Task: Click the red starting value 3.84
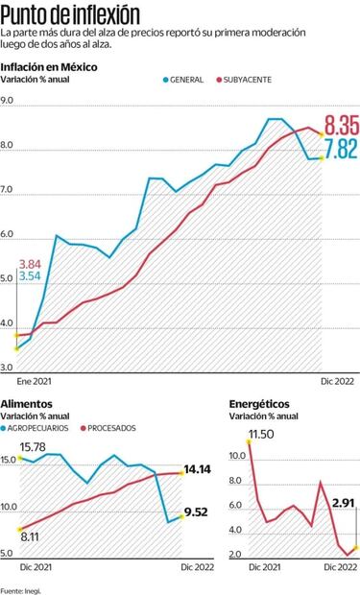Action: click(x=30, y=264)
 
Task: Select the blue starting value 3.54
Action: click(x=30, y=276)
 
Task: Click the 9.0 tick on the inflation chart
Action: click(x=8, y=101)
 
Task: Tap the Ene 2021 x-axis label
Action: click(x=36, y=380)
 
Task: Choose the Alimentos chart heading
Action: click(x=27, y=404)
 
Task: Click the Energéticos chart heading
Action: click(x=258, y=404)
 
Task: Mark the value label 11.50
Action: click(x=261, y=435)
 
